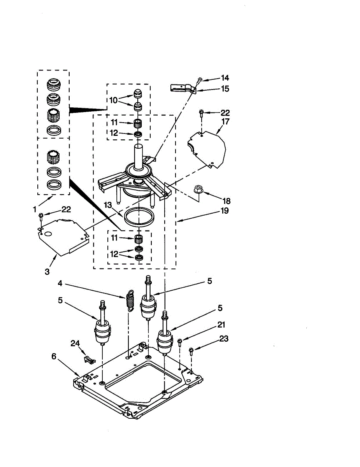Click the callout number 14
coord(225,78)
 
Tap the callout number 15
coord(225,89)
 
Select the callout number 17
coord(225,121)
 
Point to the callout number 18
coord(226,201)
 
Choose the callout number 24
coord(75,343)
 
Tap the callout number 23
coord(223,339)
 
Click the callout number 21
coord(221,325)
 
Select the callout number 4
coord(60,283)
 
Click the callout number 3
coord(47,272)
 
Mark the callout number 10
coord(113,100)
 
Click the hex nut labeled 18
coord(197,190)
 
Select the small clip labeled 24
coord(88,358)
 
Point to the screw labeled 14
coord(199,80)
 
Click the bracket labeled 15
coord(182,88)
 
